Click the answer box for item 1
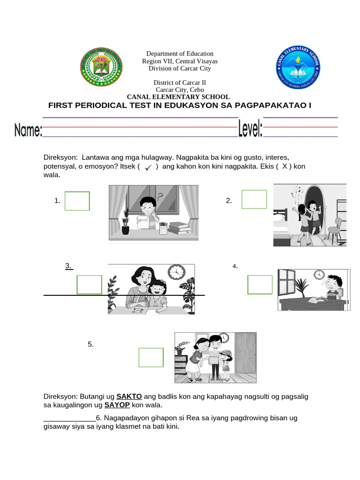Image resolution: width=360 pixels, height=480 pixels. (x=77, y=201)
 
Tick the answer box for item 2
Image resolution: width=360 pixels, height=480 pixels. (x=254, y=199)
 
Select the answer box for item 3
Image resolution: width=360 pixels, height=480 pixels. (x=89, y=285)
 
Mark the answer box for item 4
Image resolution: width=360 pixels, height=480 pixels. (x=260, y=285)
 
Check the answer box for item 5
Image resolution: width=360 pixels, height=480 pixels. (x=151, y=357)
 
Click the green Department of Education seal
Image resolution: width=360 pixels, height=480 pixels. (x=101, y=67)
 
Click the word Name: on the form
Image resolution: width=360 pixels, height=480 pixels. (x=28, y=130)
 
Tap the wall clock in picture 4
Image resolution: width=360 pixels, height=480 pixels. (x=319, y=275)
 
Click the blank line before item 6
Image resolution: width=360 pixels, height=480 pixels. (x=69, y=419)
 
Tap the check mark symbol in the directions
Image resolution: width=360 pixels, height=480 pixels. (x=148, y=167)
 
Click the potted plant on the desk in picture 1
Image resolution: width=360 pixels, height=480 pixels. (x=125, y=222)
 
